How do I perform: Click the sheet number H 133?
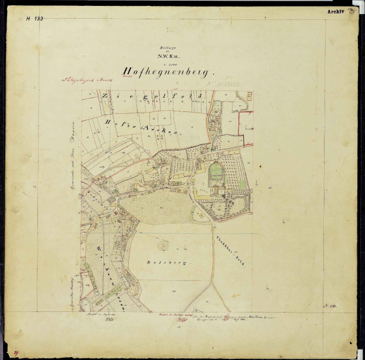(x=35, y=19)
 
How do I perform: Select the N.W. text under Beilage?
(x=166, y=56)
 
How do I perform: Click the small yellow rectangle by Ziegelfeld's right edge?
(x=250, y=96)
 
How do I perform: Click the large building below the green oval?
(x=219, y=191)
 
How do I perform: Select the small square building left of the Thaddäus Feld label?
(x=200, y=215)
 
